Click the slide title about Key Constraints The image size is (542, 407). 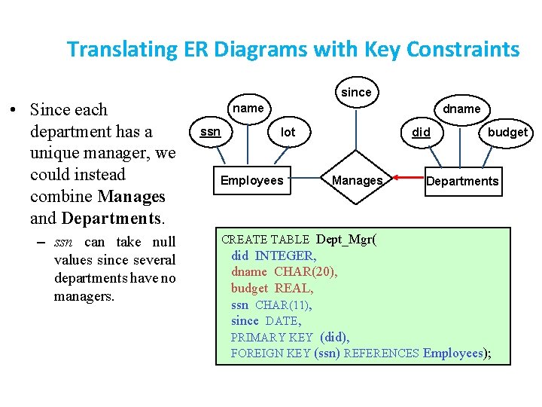tap(293, 50)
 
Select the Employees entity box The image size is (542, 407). tap(251, 181)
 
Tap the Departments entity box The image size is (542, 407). tap(462, 181)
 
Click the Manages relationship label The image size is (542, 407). tap(358, 181)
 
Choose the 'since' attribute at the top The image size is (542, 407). tap(356, 92)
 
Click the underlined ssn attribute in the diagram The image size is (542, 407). tap(210, 132)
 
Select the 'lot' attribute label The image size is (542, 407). tap(288, 133)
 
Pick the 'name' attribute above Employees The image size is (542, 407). tap(248, 109)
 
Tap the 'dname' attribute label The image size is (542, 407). tap(461, 109)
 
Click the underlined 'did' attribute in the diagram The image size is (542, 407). tap(422, 133)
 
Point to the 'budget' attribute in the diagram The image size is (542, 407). tap(507, 133)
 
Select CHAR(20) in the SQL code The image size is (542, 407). tap(306, 272)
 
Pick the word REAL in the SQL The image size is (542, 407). tap(294, 288)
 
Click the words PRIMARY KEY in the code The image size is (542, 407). tap(271, 337)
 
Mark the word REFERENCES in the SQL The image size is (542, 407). tap(381, 353)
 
